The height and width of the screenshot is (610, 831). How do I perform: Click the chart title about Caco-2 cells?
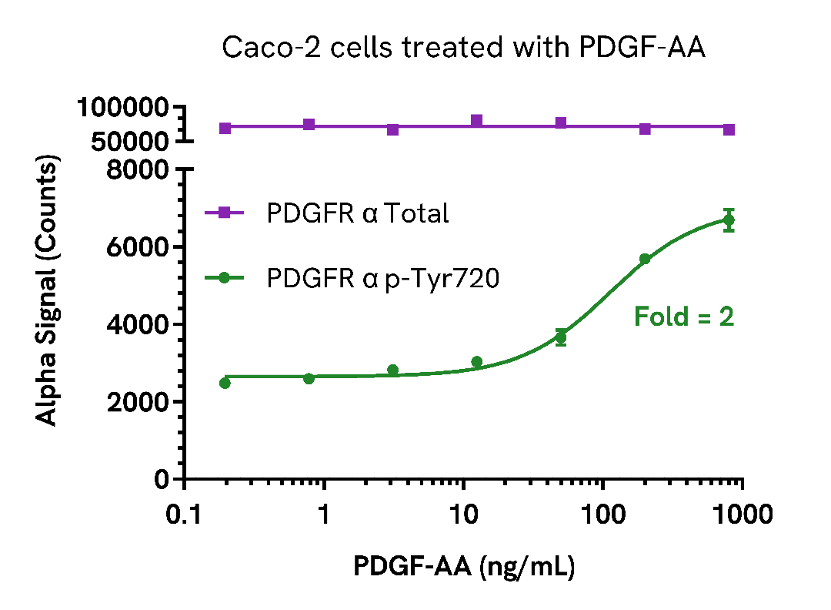coord(463,48)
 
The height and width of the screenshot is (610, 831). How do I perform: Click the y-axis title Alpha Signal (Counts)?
coord(48,292)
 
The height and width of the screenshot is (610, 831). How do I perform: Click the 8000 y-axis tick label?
coord(141,169)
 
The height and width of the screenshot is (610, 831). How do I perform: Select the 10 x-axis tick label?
coord(463,514)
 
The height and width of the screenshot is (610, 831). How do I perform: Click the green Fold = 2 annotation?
coord(683,317)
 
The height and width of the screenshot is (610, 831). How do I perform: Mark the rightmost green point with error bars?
coord(729,220)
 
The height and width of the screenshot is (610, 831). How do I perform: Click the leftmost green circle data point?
coord(225,383)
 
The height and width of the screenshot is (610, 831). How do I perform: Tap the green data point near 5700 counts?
coord(645,259)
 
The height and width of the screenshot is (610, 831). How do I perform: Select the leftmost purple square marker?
coord(225,128)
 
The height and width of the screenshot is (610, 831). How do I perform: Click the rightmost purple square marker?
coord(729,129)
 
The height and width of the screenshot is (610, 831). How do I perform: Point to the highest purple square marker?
coord(476,121)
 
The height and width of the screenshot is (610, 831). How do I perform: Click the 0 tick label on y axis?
coord(162,479)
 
